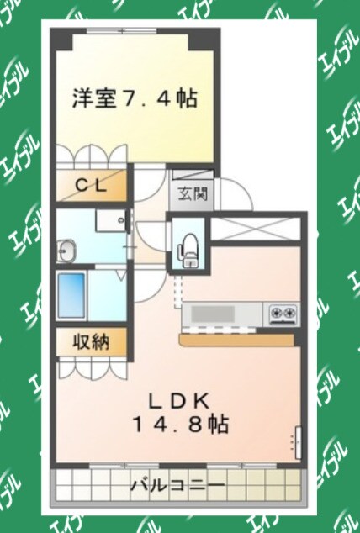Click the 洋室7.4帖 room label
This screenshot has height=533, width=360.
tap(135, 99)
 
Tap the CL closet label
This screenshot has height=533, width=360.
tap(93, 187)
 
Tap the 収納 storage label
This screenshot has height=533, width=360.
tap(93, 342)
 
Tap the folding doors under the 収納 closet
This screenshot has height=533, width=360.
tap(93, 367)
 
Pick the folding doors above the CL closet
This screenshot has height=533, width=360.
tap(93, 160)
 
